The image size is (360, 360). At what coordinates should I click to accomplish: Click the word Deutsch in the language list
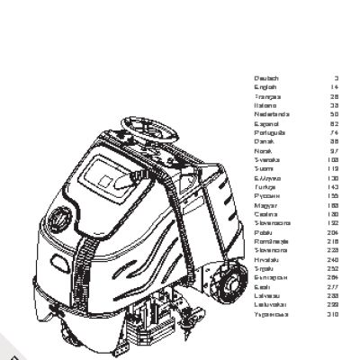pyautogui.click(x=267, y=78)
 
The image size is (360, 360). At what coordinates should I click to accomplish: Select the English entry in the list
pyautogui.click(x=266, y=87)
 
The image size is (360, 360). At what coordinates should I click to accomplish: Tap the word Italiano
pyautogui.click(x=267, y=105)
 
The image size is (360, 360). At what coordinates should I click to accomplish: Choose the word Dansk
pyautogui.click(x=265, y=140)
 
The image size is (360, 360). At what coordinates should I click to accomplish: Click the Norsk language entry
pyautogui.click(x=265, y=149)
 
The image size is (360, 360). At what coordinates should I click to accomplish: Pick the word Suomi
pyautogui.click(x=265, y=167)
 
